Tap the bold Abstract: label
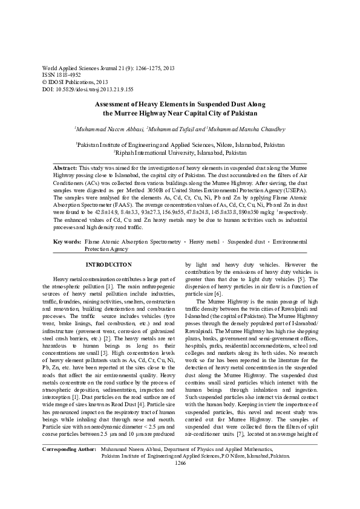66,166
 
